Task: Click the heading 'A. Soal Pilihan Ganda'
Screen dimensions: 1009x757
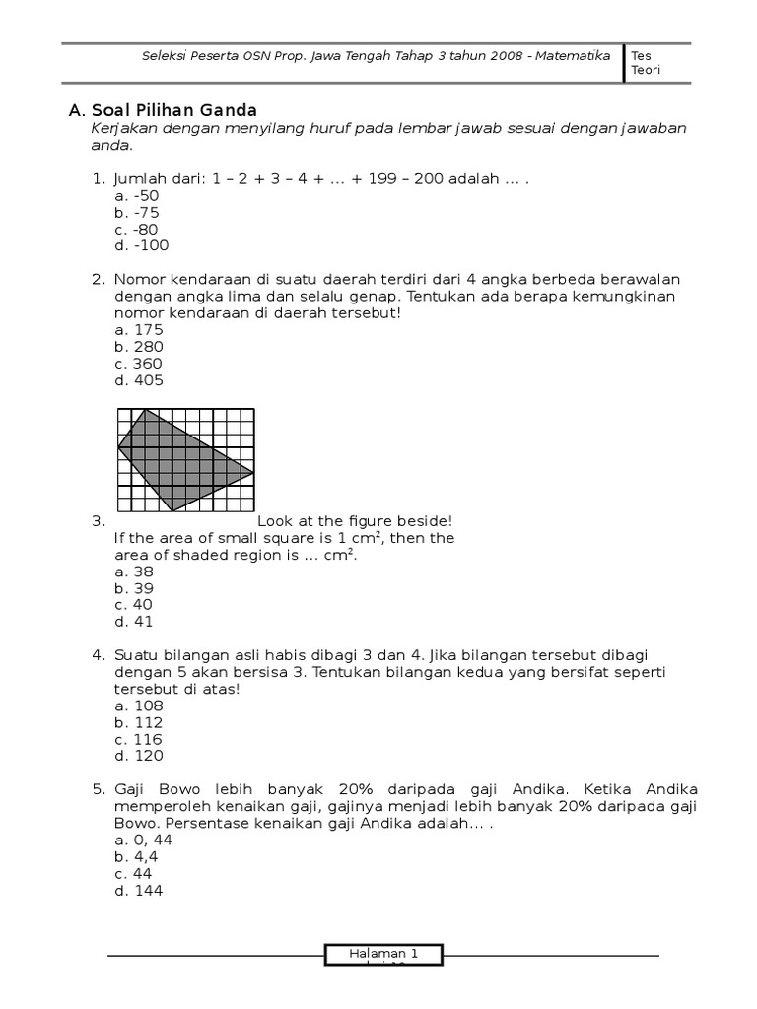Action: [163, 110]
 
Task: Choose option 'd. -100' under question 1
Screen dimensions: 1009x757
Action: [141, 246]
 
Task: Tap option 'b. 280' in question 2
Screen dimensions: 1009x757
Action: [139, 347]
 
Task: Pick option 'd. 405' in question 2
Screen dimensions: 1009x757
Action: [139, 380]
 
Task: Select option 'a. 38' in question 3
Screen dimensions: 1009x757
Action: [135, 572]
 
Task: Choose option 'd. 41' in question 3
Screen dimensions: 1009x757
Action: [135, 622]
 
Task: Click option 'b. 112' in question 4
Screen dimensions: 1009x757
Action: [138, 722]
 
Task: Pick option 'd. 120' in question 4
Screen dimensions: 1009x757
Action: [139, 756]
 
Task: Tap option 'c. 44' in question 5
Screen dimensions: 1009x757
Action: [135, 873]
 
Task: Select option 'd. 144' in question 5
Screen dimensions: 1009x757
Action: [139, 890]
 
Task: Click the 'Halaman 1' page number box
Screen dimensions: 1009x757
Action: [383, 954]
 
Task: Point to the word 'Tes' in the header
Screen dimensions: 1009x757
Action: [641, 56]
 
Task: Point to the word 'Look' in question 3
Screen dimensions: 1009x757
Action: [275, 521]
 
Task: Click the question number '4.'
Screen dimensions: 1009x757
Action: [99, 655]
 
